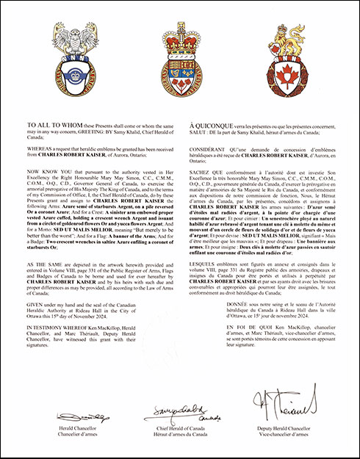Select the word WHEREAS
[39, 148]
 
